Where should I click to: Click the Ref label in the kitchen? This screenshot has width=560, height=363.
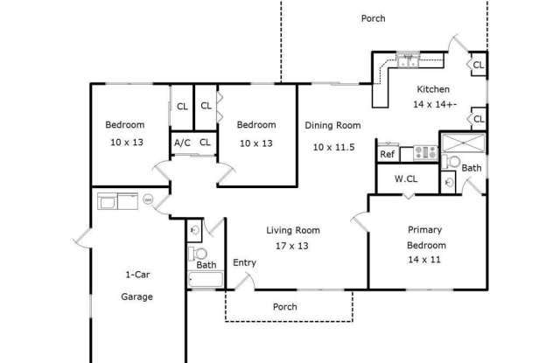387,154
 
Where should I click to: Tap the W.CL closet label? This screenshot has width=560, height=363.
405,179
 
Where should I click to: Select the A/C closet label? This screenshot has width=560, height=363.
182,142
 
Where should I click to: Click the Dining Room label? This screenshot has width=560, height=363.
332,125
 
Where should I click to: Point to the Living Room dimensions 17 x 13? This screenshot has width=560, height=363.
292,246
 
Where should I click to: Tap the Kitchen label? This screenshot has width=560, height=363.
432,89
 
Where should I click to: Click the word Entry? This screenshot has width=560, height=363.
244,262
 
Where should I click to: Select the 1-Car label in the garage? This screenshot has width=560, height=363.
136,274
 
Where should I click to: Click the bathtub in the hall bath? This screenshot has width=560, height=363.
206,280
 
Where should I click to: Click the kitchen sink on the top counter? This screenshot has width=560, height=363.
409,60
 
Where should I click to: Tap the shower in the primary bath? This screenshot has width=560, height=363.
461,143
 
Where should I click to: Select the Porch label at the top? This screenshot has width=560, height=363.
373,18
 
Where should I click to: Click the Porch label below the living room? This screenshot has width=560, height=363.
284,307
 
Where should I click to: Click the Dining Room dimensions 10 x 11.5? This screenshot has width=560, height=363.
332,147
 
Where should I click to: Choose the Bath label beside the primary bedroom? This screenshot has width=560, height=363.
471,168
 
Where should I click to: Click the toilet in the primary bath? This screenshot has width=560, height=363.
451,162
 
